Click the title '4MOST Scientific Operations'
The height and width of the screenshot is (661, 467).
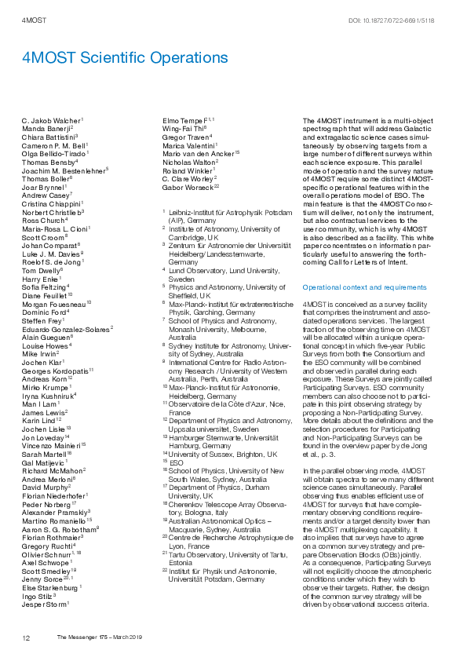[x=125, y=58]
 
